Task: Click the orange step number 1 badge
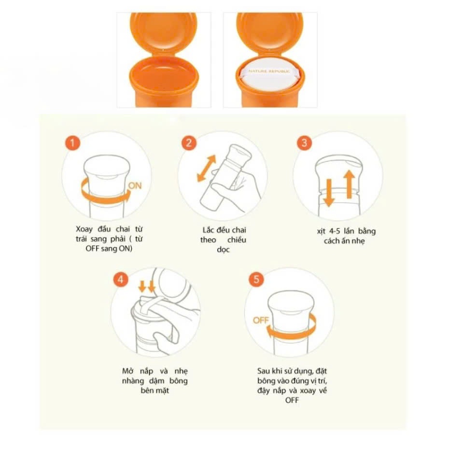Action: point(72,142)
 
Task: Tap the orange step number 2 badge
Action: point(189,142)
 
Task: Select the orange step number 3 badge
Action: point(304,142)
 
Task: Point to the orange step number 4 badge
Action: point(121,279)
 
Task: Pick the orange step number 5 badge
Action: point(256,279)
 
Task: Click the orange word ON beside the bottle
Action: point(135,186)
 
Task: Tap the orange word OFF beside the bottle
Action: point(261,320)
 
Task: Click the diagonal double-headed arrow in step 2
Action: point(207,168)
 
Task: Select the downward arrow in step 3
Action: point(329,193)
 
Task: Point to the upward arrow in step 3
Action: point(349,184)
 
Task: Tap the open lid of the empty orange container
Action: point(164,34)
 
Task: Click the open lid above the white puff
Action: point(270,34)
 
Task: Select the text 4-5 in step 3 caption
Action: point(335,231)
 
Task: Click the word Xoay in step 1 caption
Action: point(84,229)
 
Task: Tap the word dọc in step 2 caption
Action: point(224,250)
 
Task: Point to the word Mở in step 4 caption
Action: point(128,371)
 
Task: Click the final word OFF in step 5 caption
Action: point(292,400)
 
